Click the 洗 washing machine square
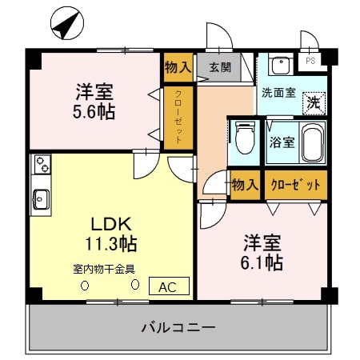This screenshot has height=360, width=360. [314, 103]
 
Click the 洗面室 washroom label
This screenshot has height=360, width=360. [278, 92]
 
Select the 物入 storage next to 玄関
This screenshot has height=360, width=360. [178, 68]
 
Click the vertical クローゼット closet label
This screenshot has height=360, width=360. [178, 117]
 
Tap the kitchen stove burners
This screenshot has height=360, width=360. [42, 167]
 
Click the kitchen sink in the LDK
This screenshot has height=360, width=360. [41, 197]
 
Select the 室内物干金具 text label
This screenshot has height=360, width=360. [105, 268]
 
